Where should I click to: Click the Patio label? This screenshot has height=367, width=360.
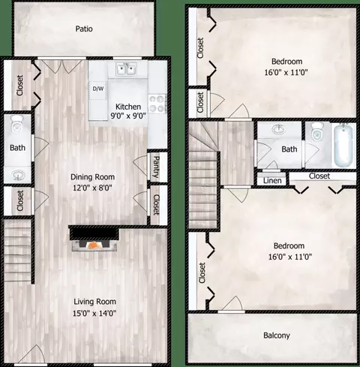click(x=84, y=29)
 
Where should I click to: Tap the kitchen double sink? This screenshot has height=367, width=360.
click(x=126, y=69)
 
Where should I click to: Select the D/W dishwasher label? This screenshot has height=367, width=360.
click(x=98, y=89)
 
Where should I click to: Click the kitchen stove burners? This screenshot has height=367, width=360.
click(x=157, y=104)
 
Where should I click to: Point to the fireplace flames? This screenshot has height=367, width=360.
click(x=94, y=245)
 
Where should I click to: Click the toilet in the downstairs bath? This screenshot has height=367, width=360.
click(x=16, y=125)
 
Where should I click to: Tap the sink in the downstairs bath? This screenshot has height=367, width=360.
click(x=17, y=174)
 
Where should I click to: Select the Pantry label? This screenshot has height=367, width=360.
click(x=157, y=167)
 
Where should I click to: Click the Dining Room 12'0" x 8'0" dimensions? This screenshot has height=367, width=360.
click(x=92, y=188)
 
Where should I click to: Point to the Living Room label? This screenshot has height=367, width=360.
click(x=94, y=302)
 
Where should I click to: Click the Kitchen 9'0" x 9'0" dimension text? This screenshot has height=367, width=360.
click(x=128, y=116)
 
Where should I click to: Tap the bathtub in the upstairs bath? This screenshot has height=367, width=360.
click(x=343, y=146)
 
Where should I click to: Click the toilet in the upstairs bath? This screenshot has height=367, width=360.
click(x=316, y=131)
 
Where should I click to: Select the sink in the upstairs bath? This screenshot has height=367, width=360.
click(x=279, y=129)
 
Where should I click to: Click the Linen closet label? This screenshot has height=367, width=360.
click(x=272, y=181)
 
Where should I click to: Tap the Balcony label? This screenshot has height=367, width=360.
click(x=277, y=335)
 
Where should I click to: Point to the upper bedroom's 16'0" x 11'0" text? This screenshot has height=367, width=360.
click(x=286, y=73)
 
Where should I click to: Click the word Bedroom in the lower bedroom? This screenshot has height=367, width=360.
click(x=289, y=245)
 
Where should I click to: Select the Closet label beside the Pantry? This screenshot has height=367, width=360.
click(x=156, y=205)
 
